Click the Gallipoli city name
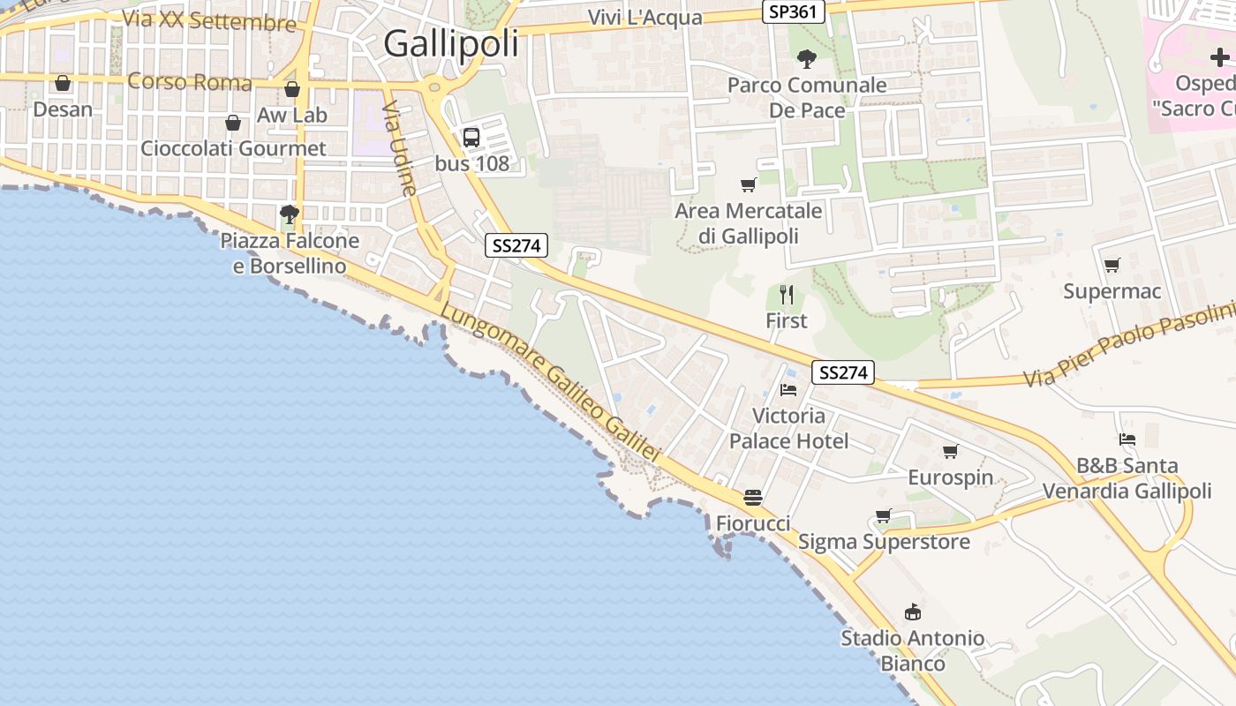tap(451, 43)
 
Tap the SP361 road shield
tap(793, 11)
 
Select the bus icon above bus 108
tap(471, 138)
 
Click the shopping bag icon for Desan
tap(63, 84)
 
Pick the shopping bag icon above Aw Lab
tap(292, 90)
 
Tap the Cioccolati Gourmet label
tap(233, 148)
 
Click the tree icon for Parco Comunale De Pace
tap(806, 59)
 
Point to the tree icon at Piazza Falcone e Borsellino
tap(289, 214)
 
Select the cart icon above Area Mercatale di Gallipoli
tap(749, 184)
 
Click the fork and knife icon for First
tap(787, 295)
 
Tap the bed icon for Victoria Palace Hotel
tap(788, 389)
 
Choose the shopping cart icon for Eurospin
tap(951, 452)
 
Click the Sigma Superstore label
tap(884, 542)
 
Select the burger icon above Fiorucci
tap(753, 498)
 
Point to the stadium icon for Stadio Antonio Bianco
tap(913, 612)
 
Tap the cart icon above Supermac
tap(1112, 265)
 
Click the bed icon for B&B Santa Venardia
tap(1127, 439)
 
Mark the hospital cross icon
tap(1219, 57)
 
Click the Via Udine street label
tap(400, 148)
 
